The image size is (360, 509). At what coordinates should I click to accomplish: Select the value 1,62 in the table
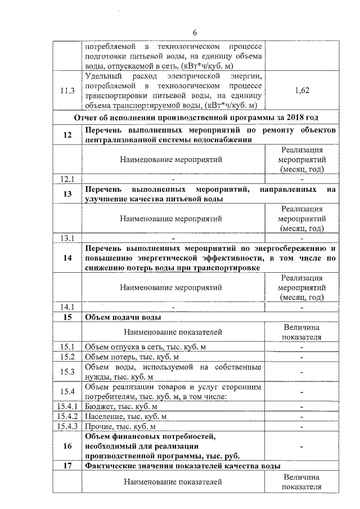pos(301,90)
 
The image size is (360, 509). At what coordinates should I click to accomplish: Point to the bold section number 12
pos(67,135)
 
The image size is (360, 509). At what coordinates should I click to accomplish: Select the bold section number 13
pos(67,195)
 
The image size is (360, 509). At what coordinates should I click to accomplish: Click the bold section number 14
pos(67,258)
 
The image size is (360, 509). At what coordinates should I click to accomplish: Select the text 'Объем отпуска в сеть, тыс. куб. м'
pos(145,346)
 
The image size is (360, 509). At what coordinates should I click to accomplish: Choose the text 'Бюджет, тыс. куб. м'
pos(120,406)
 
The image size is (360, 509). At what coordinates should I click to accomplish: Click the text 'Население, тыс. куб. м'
pos(126,416)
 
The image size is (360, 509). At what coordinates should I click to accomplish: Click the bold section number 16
pos(67,447)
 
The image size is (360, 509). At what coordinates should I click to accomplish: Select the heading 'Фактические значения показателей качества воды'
pos(182,467)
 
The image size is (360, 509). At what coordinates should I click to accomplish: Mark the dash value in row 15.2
pos(301,357)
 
